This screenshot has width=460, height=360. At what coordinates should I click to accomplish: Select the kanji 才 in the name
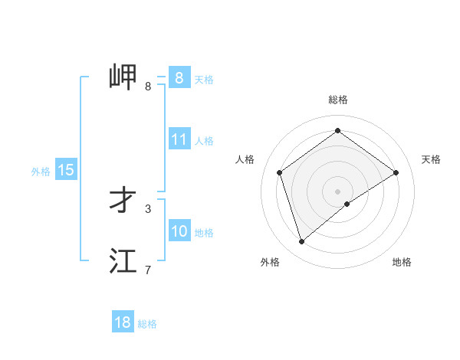tap(123, 200)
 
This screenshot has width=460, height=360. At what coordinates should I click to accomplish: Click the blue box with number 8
tap(179, 77)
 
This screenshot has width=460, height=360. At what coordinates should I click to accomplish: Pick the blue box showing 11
tap(179, 139)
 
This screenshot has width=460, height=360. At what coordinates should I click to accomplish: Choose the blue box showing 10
tap(179, 231)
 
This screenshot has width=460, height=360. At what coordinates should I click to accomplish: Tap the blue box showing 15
tap(66, 170)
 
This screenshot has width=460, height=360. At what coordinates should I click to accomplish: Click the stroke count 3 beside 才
tap(148, 208)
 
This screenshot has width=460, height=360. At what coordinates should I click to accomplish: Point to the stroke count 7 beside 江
tap(148, 270)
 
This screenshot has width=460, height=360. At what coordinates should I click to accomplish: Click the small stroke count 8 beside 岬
tap(148, 86)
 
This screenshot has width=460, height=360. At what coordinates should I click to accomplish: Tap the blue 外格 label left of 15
tap(41, 172)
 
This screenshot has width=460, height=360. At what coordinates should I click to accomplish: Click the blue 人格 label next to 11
tap(204, 141)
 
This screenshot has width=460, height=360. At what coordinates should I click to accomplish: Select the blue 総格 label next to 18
tap(147, 324)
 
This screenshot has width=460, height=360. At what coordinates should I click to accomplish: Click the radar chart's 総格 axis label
tap(338, 100)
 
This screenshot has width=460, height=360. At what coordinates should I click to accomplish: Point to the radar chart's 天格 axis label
tap(431, 159)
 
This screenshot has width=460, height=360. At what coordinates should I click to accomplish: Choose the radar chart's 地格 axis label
tap(402, 262)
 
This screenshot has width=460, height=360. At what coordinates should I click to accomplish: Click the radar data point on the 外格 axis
tap(302, 242)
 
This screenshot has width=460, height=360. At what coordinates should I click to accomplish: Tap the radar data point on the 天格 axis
tap(396, 172)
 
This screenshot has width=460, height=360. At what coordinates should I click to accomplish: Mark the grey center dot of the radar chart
tap(337, 191)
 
